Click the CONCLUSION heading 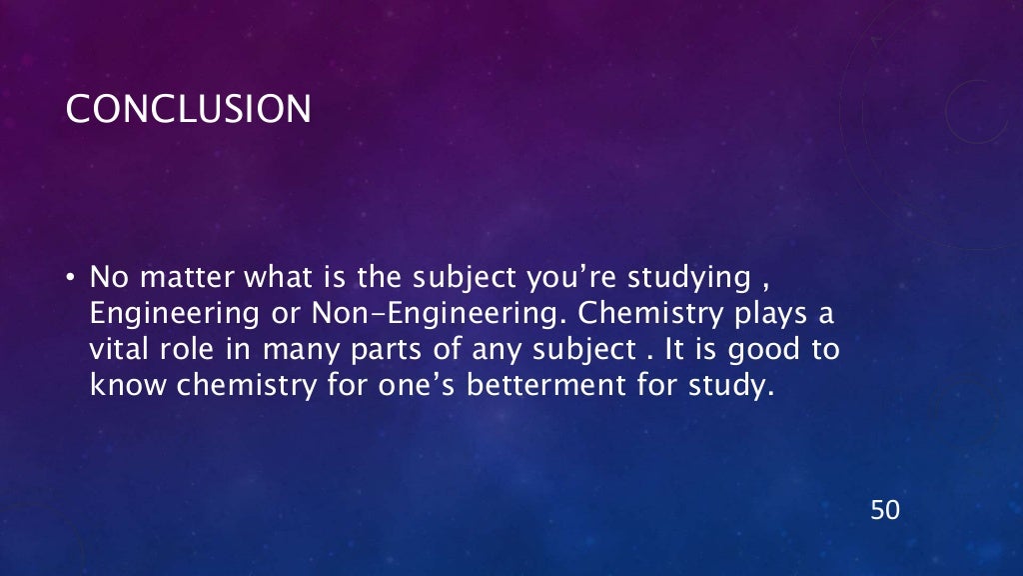pos(188,109)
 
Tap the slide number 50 pos(885,510)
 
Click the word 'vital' pos(117,349)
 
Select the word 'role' pos(186,349)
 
